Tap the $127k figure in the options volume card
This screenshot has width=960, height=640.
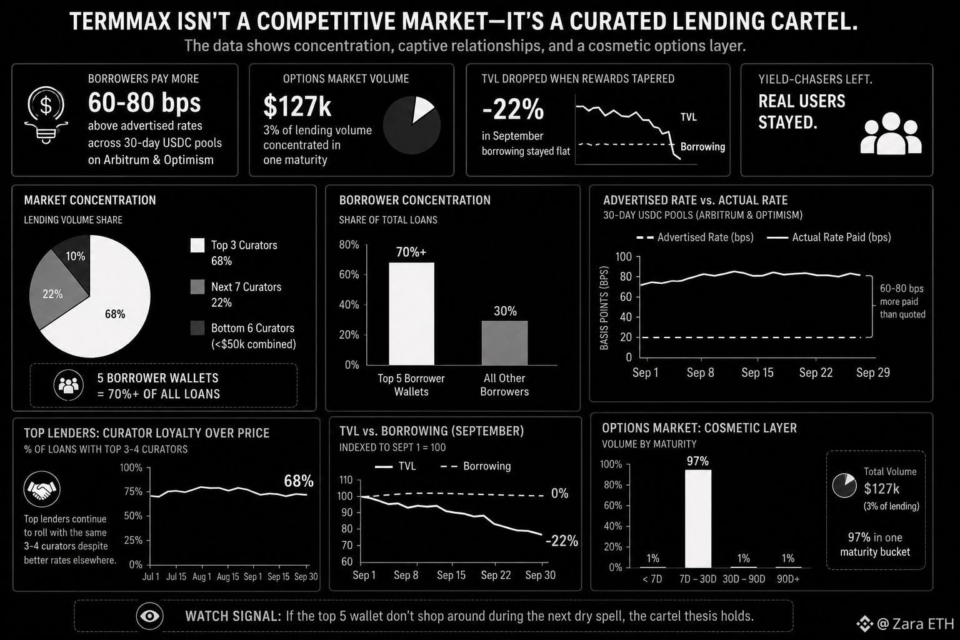pyautogui.click(x=297, y=106)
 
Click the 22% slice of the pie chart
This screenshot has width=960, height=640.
pyautogui.click(x=54, y=291)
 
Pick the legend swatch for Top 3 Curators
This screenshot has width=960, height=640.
pyautogui.click(x=197, y=245)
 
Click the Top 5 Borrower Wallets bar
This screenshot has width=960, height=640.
pyautogui.click(x=411, y=314)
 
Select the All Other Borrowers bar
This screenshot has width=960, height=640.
pyautogui.click(x=504, y=343)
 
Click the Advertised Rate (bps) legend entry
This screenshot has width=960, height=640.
pyautogui.click(x=695, y=237)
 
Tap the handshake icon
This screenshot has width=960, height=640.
pyautogui.click(x=42, y=489)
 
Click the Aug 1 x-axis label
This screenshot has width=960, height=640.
pyautogui.click(x=202, y=576)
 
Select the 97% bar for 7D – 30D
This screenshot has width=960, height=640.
pyautogui.click(x=697, y=519)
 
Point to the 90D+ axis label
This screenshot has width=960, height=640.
pyautogui.click(x=788, y=579)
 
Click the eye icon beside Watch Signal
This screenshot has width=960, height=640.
pyautogui.click(x=149, y=616)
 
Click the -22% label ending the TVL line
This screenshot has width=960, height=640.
pyautogui.click(x=562, y=541)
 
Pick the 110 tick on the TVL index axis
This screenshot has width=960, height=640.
pyautogui.click(x=346, y=480)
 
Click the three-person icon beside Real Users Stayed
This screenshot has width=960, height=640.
pyautogui.click(x=891, y=133)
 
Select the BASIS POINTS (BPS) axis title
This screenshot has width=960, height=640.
pyautogui.click(x=604, y=308)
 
